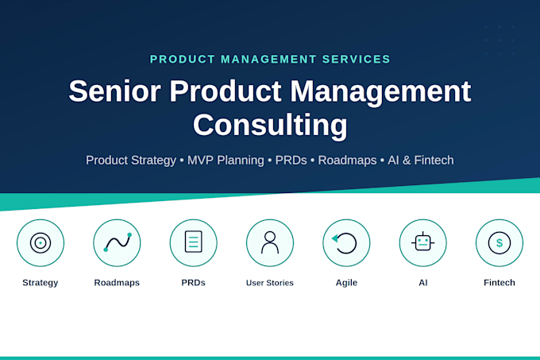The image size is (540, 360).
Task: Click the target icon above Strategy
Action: (x=40, y=243)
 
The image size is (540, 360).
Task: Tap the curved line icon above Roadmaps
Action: (x=118, y=242)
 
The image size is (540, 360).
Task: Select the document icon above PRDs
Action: (x=194, y=242)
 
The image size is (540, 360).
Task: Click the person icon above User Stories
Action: (x=270, y=242)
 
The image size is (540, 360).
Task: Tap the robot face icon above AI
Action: (x=423, y=242)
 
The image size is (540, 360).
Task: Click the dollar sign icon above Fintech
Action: (x=499, y=243)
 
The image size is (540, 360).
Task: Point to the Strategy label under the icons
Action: (x=40, y=283)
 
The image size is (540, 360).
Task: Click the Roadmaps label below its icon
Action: (x=117, y=283)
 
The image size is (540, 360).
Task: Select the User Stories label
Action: (x=270, y=283)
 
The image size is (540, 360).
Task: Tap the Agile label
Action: (x=346, y=283)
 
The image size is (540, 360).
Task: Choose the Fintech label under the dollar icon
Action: (x=499, y=282)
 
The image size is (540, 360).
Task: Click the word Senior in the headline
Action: (x=114, y=91)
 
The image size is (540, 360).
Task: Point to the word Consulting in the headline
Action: (x=270, y=126)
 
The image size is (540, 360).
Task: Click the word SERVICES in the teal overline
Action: (x=356, y=60)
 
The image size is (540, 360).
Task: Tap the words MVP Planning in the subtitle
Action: (x=226, y=161)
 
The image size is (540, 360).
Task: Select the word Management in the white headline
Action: (x=380, y=92)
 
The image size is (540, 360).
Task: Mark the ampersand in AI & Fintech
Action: (x=407, y=161)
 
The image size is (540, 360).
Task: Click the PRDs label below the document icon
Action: (x=193, y=283)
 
